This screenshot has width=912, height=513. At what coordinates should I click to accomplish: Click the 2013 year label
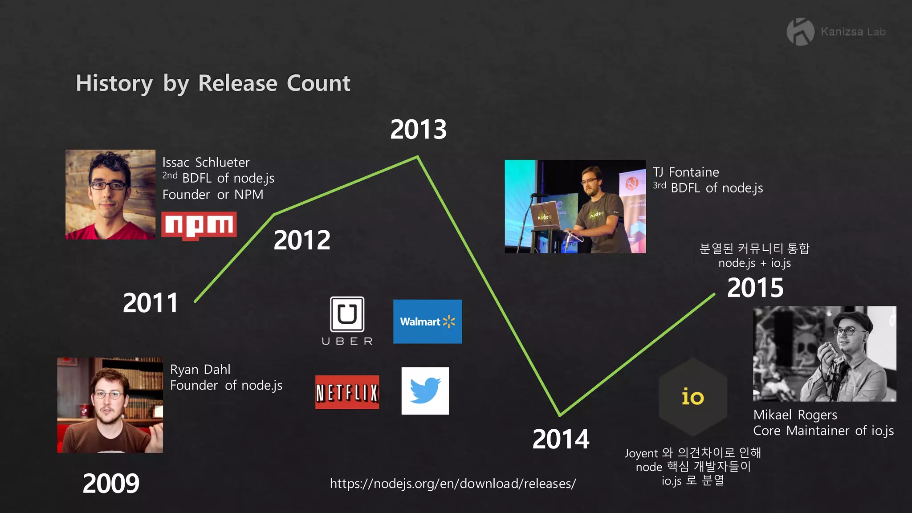(418, 130)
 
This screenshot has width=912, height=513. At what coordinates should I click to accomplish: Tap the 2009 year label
(111, 484)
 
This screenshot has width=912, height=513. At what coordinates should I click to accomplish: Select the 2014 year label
(561, 439)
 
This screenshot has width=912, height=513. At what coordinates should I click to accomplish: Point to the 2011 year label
(151, 303)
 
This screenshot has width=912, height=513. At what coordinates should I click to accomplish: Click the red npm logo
(199, 225)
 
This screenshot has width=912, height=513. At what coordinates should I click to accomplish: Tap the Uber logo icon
(347, 314)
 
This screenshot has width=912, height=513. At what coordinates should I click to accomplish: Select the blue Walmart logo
(427, 322)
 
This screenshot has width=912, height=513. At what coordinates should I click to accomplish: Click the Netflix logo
(347, 392)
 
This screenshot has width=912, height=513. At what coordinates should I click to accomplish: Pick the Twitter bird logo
(425, 391)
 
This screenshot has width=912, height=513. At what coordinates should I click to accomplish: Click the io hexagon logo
(693, 397)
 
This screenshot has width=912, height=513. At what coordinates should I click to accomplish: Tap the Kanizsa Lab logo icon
(800, 32)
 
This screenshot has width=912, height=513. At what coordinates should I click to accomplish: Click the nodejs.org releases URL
(453, 484)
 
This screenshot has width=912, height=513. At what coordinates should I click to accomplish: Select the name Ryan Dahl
(200, 370)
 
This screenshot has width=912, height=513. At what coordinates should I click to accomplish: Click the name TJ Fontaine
(686, 172)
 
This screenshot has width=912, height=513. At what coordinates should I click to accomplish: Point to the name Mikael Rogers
(795, 415)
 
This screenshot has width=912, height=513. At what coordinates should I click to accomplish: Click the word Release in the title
(238, 83)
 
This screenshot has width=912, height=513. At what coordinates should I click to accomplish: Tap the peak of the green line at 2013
(418, 157)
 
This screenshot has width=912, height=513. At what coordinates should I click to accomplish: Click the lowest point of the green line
(560, 415)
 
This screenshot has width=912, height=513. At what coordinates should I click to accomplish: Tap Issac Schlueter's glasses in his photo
(108, 185)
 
